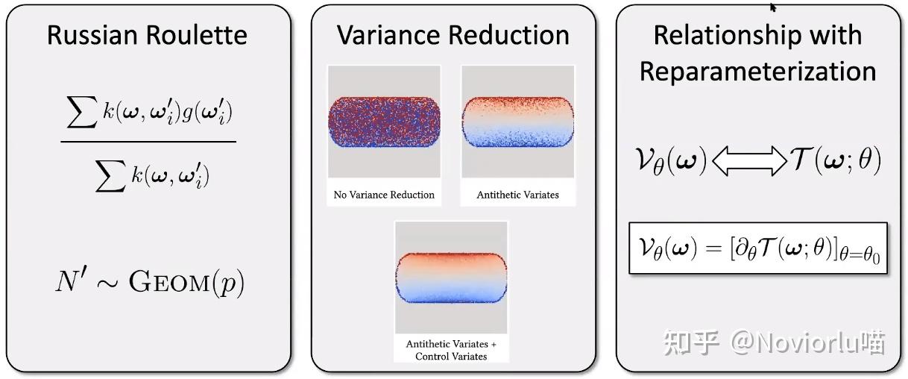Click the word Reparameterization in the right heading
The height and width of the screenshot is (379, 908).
pyautogui.click(x=757, y=71)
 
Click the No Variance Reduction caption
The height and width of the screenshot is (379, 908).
pyautogui.click(x=384, y=195)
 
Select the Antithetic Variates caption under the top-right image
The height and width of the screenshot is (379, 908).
pyautogui.click(x=517, y=195)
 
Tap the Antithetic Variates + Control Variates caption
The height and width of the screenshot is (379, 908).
pyautogui.click(x=451, y=350)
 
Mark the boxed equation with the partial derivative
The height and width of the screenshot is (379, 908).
pyautogui.click(x=757, y=248)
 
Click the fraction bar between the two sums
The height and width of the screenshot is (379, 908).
pyautogui.click(x=148, y=141)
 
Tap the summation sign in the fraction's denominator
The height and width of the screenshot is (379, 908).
pyautogui.click(x=110, y=176)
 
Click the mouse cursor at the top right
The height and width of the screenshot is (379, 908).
pyautogui.click(x=773, y=7)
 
